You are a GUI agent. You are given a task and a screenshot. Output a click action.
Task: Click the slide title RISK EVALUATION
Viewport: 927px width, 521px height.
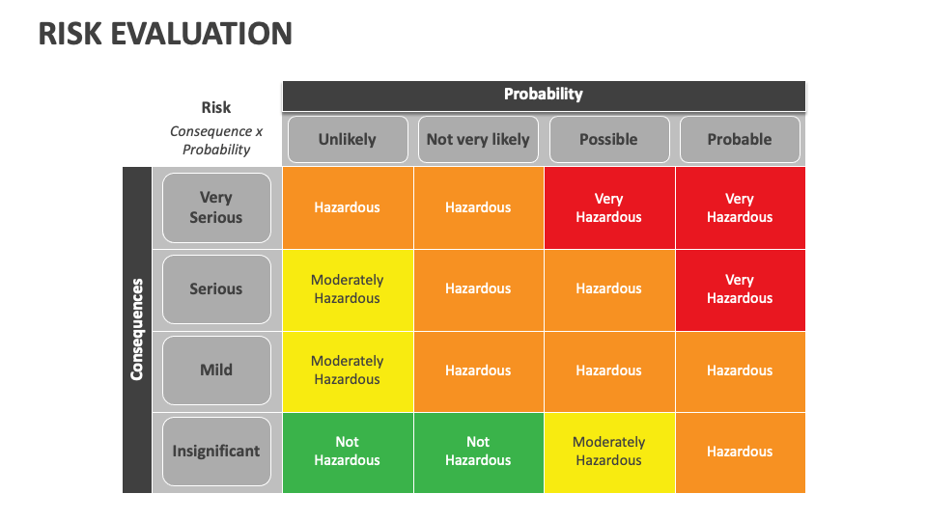tap(165, 34)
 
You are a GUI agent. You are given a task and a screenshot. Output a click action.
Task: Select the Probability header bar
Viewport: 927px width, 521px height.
tap(544, 95)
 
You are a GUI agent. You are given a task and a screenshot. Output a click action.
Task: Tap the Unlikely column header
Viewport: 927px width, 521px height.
tap(347, 140)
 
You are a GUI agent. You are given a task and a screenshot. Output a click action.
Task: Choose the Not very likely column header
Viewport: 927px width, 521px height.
tap(478, 140)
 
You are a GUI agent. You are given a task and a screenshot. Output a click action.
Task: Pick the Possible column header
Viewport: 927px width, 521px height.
tap(608, 140)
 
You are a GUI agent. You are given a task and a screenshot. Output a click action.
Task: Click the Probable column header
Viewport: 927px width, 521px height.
tap(740, 140)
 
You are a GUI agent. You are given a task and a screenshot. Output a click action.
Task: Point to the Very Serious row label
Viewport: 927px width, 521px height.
tap(216, 207)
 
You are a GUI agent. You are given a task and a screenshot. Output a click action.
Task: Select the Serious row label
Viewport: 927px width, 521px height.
tap(216, 288)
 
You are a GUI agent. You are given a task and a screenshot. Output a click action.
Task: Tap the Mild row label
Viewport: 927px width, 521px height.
tap(216, 370)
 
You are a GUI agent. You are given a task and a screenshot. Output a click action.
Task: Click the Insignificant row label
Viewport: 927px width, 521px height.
tap(216, 451)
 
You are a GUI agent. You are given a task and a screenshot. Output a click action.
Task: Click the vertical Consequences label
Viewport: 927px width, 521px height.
tap(137, 329)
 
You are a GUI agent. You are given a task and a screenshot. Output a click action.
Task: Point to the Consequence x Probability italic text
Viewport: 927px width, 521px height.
tap(216, 141)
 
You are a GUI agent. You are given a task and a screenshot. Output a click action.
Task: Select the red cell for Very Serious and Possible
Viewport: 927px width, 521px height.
tap(608, 207)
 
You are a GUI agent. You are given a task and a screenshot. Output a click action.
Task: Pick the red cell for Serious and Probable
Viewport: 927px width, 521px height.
tap(740, 288)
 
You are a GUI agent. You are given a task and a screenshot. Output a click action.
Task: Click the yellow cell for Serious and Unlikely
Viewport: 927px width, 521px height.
tap(347, 288)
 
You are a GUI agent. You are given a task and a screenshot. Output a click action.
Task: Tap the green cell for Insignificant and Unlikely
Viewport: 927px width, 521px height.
tap(347, 451)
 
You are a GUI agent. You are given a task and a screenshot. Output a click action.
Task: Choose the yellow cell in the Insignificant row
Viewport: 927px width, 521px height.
tap(608, 451)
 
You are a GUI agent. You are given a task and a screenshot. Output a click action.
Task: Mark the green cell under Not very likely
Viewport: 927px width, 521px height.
tap(478, 451)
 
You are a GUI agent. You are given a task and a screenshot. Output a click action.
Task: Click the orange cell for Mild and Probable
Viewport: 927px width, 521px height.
tap(740, 370)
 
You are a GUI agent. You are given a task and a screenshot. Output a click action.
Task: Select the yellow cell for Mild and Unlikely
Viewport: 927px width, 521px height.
tap(347, 370)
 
